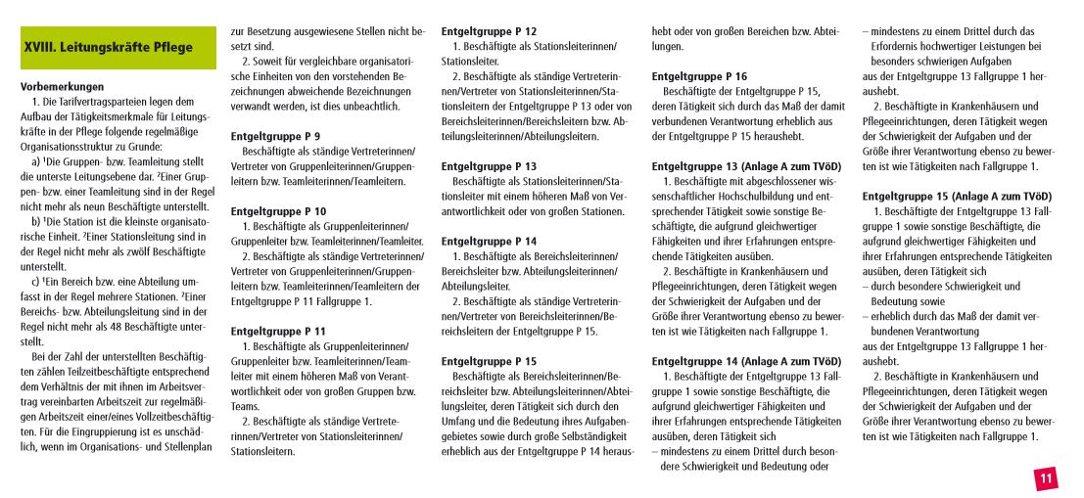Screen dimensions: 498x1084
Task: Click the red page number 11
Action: [1045, 478]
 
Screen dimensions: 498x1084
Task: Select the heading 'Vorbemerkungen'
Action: [62, 86]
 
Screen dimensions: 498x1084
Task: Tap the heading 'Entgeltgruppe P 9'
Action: [275, 136]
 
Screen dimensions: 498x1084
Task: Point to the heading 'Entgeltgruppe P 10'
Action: [278, 211]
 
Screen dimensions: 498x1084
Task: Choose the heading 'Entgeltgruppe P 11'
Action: [278, 332]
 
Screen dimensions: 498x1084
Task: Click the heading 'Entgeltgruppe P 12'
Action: [489, 31]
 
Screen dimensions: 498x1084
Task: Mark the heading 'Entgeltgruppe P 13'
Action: [489, 166]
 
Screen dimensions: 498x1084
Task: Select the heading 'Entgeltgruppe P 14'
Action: [489, 241]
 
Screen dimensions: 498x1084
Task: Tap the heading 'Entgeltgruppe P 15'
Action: [489, 361]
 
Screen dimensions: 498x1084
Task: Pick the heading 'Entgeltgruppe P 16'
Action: [699, 76]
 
